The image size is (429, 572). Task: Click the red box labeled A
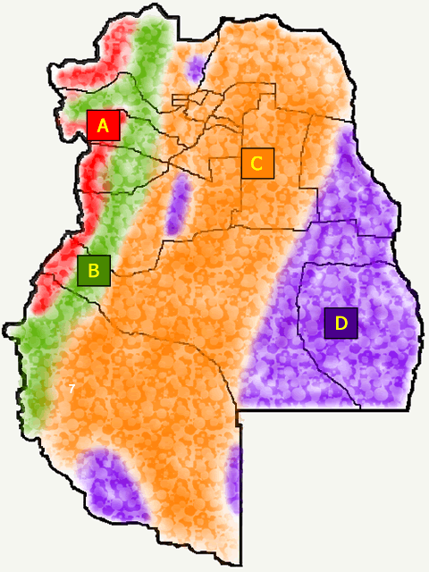[103, 125]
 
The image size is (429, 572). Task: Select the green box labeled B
[93, 269]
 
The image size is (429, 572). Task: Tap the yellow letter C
[257, 164]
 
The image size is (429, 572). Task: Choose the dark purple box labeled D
[341, 322]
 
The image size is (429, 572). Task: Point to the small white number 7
[71, 388]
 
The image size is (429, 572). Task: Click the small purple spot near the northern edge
[196, 70]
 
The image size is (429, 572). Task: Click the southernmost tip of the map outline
[241, 563]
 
